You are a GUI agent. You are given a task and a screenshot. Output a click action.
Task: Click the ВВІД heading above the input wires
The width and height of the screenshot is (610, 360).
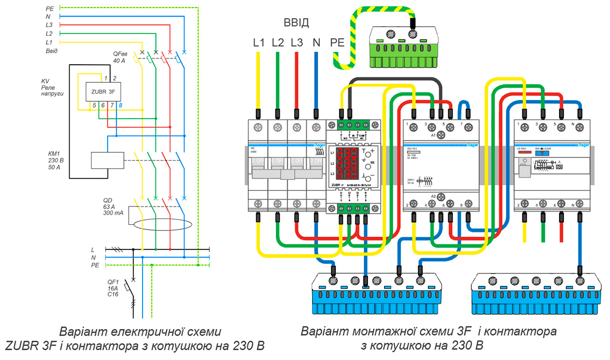pos(296,23)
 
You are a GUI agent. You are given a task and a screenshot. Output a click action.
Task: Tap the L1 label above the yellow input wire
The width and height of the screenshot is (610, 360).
pos(259,42)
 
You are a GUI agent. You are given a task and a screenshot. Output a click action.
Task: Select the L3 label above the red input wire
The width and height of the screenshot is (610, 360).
pos(297,42)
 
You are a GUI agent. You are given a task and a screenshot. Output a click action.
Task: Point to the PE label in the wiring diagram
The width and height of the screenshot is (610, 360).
pos(337,42)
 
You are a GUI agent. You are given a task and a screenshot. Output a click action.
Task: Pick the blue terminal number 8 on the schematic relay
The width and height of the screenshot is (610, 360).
pos(120,105)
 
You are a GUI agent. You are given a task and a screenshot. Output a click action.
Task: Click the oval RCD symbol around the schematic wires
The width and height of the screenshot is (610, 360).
pos(157,224)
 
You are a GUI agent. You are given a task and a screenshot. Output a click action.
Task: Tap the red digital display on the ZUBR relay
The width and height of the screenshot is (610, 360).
pos(347,163)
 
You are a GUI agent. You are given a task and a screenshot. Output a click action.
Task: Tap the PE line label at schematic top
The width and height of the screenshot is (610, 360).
pos(50,9)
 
